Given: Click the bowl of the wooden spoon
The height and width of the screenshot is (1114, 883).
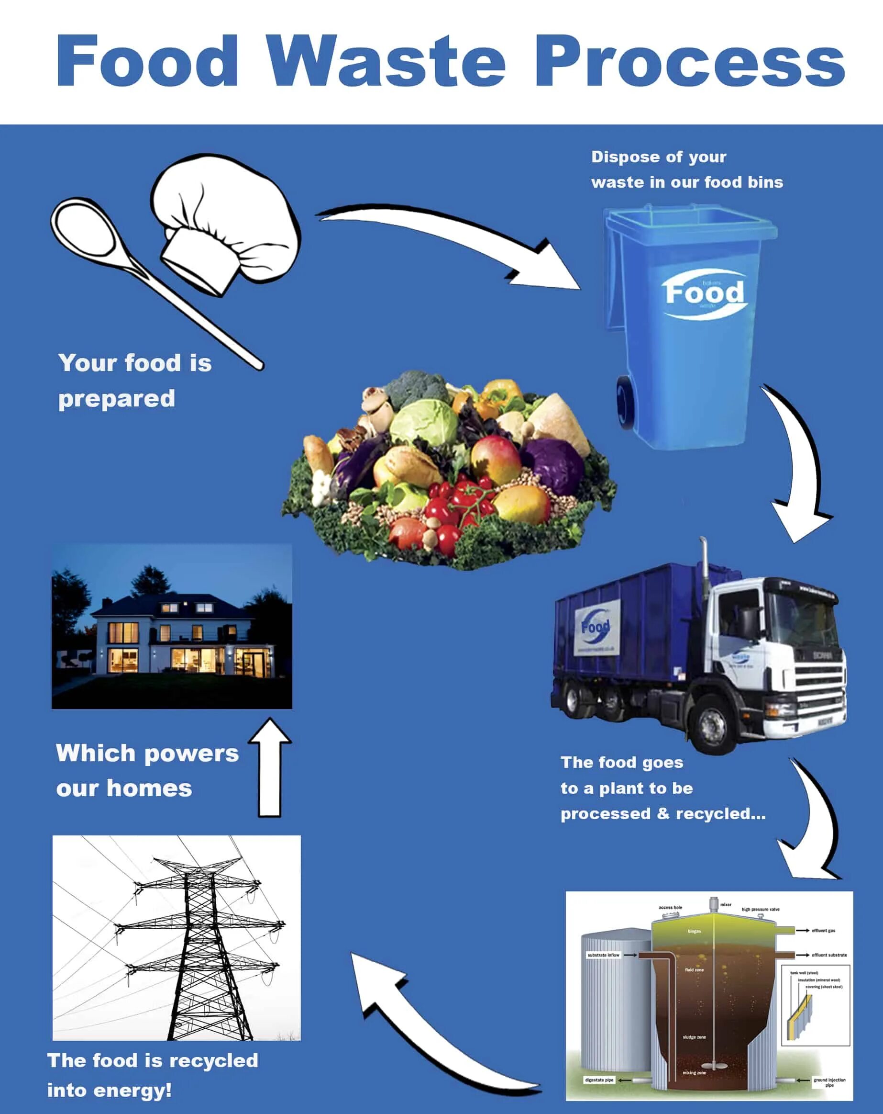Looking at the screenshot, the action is [85, 227].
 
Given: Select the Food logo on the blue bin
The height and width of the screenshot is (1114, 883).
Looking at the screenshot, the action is [704, 293].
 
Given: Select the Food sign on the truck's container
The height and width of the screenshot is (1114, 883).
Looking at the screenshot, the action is [596, 628].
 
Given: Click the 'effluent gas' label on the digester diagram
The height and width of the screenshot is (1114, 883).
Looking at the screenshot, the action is [823, 931].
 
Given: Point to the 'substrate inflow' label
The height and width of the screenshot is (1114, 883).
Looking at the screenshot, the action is [603, 955].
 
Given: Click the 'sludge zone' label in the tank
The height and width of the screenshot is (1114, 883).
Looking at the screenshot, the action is [694, 1037].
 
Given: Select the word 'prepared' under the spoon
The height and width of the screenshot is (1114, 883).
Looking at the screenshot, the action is [117, 399].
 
